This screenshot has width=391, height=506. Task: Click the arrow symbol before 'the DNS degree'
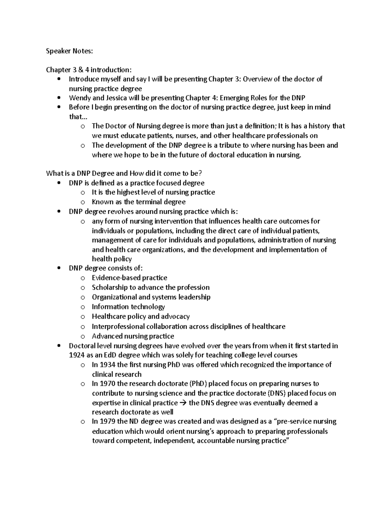click(x=183, y=403)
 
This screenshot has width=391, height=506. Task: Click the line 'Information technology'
click(x=128, y=307)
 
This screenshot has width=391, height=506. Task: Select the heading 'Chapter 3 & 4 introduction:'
click(x=89, y=70)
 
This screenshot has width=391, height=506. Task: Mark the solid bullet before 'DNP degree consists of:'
click(x=59, y=268)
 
